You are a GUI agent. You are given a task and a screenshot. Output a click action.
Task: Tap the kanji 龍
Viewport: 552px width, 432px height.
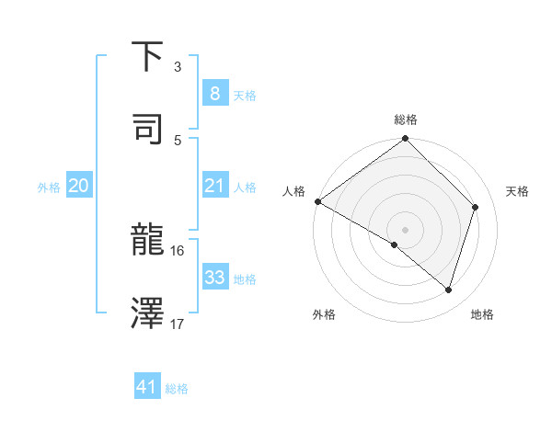(148, 242)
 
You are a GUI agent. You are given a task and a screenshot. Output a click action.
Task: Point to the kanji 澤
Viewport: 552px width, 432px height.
(148, 313)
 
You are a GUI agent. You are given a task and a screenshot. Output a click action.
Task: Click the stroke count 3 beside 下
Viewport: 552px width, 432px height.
(178, 67)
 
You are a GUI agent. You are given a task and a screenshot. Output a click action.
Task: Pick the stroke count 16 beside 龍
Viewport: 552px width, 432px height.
(178, 250)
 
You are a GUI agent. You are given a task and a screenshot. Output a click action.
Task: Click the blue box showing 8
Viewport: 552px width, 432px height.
(214, 93)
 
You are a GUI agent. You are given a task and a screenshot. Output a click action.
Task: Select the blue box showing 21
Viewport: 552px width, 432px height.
(214, 187)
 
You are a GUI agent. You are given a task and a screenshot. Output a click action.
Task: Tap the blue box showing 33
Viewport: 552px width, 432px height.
(214, 278)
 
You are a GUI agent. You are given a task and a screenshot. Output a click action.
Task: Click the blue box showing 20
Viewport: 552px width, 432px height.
(78, 187)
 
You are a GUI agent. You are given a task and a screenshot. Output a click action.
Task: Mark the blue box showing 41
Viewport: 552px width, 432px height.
(147, 387)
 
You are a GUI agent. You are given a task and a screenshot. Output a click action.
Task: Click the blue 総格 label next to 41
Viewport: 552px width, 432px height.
(177, 389)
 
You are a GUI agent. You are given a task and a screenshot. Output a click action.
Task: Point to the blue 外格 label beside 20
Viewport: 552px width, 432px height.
(49, 188)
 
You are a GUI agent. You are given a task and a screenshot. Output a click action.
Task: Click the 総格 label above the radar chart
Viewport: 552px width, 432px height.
(406, 119)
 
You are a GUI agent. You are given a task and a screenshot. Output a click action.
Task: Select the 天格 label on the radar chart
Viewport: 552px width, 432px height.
(518, 191)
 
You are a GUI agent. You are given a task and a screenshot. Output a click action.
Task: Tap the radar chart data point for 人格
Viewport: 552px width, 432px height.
(317, 201)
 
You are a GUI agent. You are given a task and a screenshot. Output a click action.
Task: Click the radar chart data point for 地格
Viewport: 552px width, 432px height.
(449, 290)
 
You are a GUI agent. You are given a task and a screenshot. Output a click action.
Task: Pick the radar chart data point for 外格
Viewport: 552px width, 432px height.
(395, 244)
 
